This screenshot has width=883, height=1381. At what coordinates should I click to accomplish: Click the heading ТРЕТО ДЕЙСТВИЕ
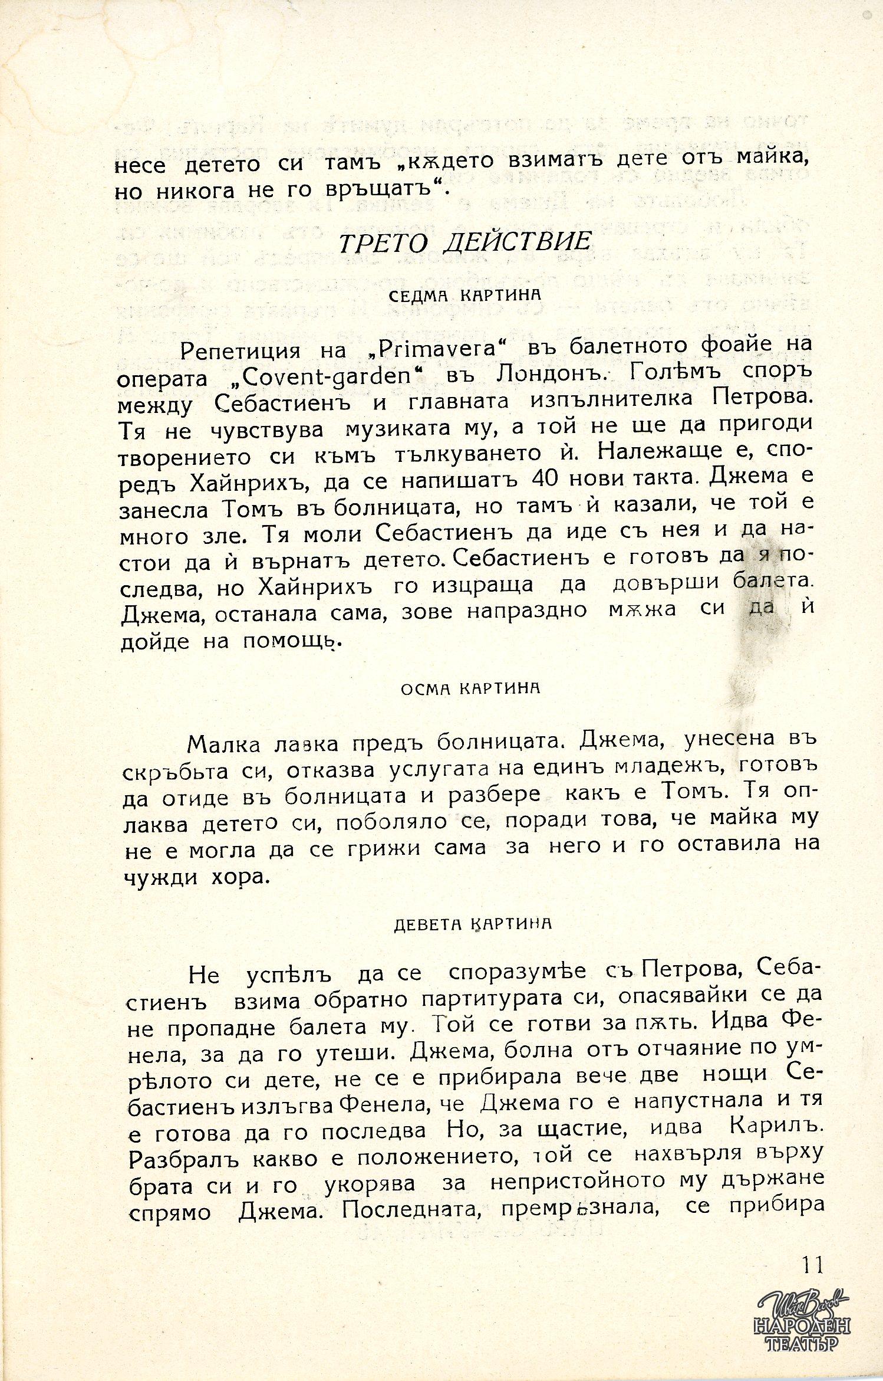click(x=465, y=242)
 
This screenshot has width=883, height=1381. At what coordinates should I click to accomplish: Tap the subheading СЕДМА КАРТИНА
click(x=465, y=294)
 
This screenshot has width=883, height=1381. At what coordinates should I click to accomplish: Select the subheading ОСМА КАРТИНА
click(x=470, y=688)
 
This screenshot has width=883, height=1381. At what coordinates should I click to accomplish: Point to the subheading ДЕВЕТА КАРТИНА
click(x=472, y=923)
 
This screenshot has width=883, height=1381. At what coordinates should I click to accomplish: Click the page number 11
click(x=811, y=1265)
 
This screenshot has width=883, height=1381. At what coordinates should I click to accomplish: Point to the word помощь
click(x=292, y=641)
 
